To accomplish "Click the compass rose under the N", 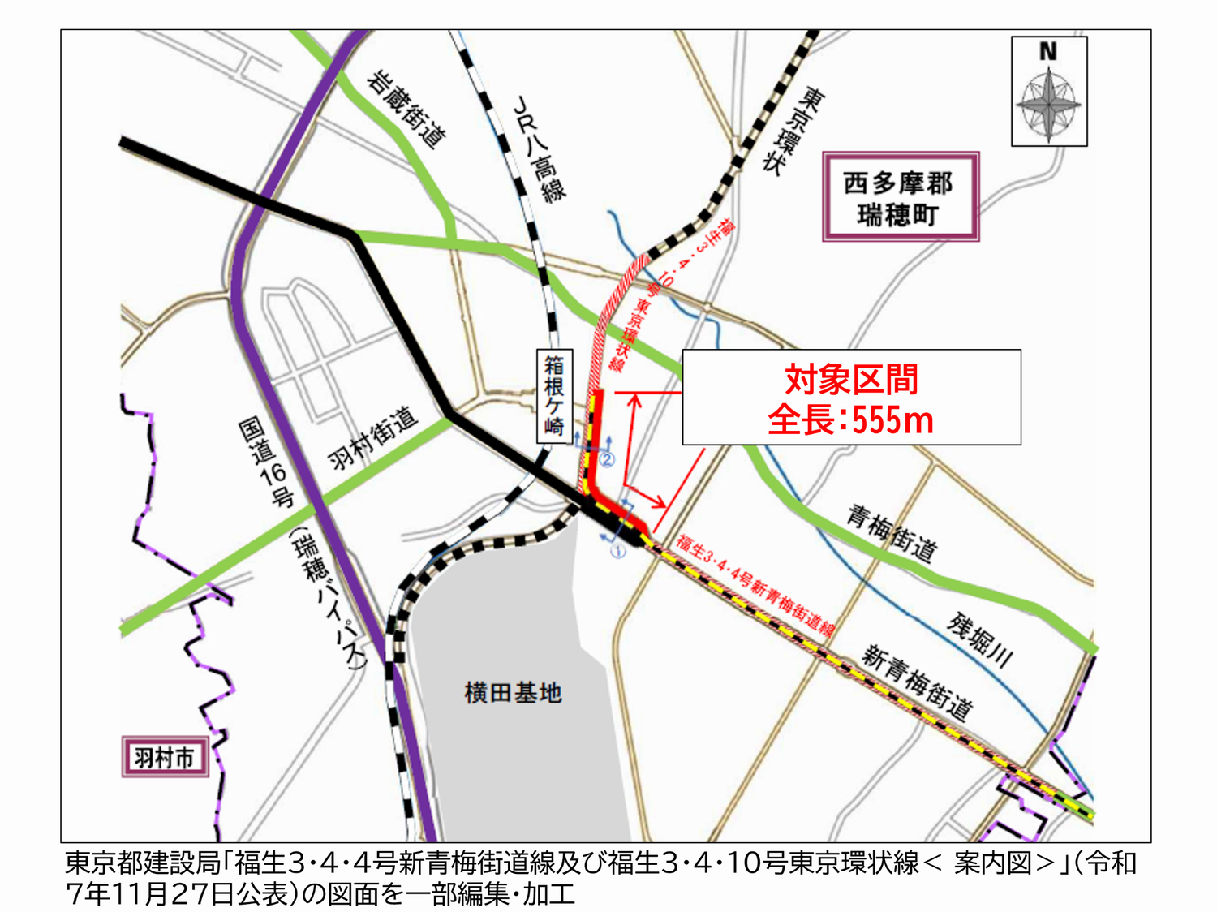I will coord(1049,105).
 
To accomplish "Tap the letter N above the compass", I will coord(1048,51).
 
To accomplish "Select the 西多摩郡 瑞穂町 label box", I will coord(901,197).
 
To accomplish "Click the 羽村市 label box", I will coord(165,757).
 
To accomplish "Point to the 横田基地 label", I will coord(513,693).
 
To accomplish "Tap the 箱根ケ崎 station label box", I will coord(554,396).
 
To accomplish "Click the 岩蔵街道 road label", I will coord(406,110).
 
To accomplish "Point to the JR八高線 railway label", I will coord(540,149).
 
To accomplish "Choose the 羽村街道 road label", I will coord(372,438).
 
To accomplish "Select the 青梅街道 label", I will coord(892,534).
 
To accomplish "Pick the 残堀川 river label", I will coord(980,640).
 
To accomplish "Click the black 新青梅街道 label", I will coord(917,682).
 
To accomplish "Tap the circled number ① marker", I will coord(618,552).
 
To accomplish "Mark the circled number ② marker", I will coord(607,460).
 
